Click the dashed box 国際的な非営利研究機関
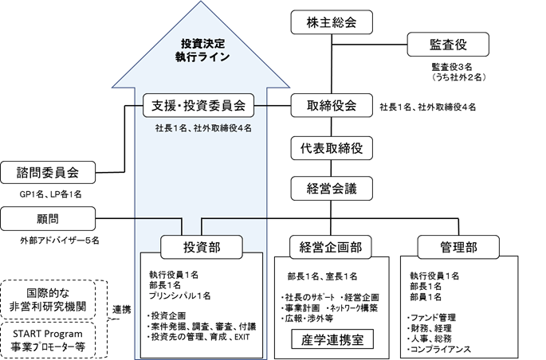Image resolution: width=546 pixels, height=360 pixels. click(x=49, y=299)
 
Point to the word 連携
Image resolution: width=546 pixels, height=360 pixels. click(x=120, y=310)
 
